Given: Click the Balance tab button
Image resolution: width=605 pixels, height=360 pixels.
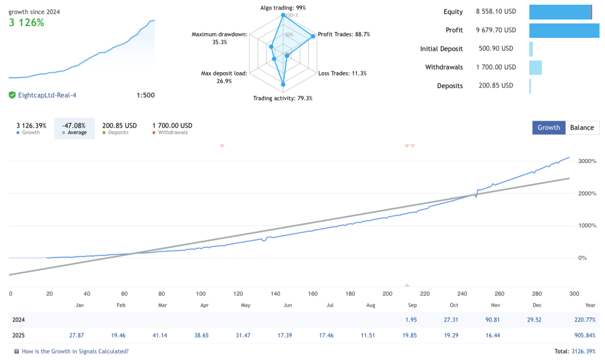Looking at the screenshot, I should [x=582, y=128].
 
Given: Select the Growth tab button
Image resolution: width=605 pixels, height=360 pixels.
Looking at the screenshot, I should [x=548, y=128].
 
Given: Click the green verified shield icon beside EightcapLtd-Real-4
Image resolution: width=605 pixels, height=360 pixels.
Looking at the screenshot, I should [x=12, y=95].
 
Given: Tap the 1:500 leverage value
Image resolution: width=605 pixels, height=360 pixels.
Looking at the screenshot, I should [x=145, y=95].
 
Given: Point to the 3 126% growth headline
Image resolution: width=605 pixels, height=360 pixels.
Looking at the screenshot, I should [x=27, y=23].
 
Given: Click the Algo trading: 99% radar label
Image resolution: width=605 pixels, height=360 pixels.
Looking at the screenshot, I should [x=283, y=8].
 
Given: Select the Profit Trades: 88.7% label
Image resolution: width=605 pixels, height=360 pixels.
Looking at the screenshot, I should [x=344, y=34].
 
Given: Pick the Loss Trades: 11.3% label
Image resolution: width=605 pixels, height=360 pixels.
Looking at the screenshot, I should [x=343, y=73].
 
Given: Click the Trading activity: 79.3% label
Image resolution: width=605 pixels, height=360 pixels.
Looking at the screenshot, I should [x=282, y=98].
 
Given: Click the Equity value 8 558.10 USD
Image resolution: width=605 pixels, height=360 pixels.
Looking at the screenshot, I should [x=496, y=12].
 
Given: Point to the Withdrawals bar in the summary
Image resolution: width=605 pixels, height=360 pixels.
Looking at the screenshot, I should [x=535, y=67].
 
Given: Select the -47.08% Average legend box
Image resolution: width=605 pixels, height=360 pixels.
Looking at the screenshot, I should [x=74, y=128].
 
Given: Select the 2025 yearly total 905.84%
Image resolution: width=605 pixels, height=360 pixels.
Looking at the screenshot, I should [x=583, y=335].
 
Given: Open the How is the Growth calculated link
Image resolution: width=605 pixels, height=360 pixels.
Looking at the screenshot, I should [x=75, y=351].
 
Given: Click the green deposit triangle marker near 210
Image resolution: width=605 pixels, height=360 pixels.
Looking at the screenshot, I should [x=406, y=285].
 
